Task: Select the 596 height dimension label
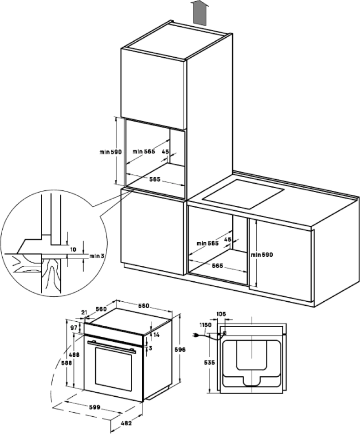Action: pos(179,349)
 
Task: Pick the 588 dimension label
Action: pos(67,363)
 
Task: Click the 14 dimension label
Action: pos(156,334)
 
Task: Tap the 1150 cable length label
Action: pos(205,325)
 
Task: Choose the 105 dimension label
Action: pos(221,314)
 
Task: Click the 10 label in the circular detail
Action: pos(73,250)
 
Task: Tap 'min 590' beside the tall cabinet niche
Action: pos(110,152)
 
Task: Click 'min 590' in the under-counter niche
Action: pos(261,255)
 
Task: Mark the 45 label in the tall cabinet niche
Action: pos(165,151)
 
